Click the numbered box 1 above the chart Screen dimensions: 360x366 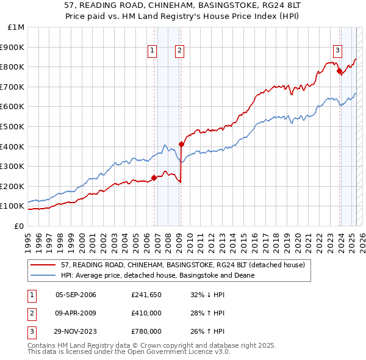click(151, 51)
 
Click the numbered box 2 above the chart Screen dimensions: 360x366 click(180, 51)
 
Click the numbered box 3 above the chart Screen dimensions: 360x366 click(337, 51)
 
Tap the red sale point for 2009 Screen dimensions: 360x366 click(181, 144)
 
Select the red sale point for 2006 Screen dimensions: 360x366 click(154, 178)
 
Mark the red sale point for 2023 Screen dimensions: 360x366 click(339, 71)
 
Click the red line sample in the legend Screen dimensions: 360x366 click(43, 265)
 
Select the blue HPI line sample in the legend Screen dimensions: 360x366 click(43, 275)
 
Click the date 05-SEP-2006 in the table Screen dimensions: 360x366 click(76, 295)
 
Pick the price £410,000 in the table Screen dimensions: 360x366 click(146, 313)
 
